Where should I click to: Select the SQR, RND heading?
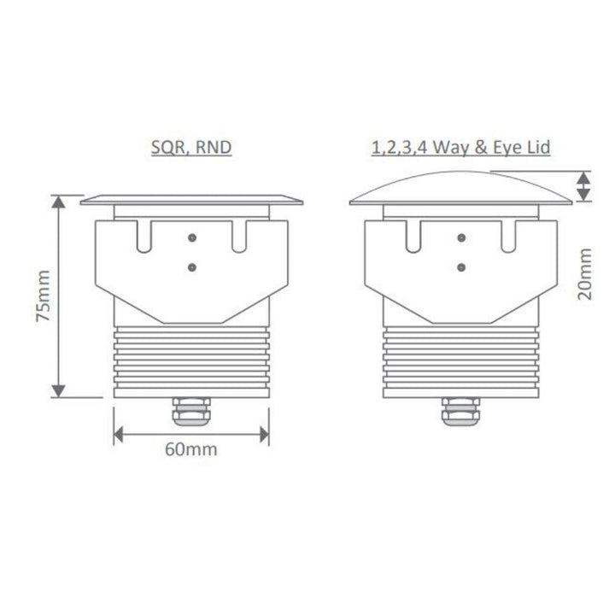190,147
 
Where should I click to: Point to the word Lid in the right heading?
533,147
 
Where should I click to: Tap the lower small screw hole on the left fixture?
191,266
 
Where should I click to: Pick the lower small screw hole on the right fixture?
461,266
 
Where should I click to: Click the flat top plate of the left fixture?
191,199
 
